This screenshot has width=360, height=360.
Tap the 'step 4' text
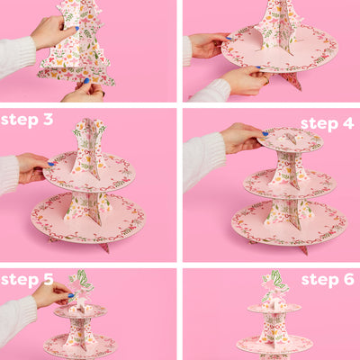tap(326, 123)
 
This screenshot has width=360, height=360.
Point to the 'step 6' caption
tap(326, 280)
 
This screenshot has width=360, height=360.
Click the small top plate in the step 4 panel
tap(290, 139)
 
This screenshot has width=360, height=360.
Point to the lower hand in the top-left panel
tap(83, 91)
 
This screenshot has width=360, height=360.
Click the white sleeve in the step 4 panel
tap(202, 157)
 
